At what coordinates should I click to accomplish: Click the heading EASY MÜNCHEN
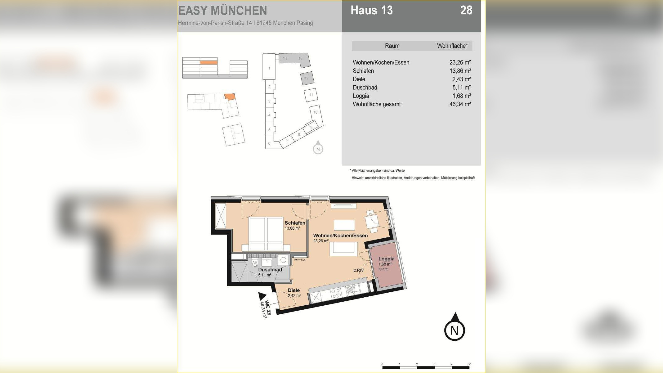coord(222,11)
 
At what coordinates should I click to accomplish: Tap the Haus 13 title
coord(371,10)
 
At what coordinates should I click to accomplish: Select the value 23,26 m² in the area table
coord(460,62)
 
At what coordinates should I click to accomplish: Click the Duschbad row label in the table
coord(365,88)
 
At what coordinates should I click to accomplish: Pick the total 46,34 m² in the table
coord(460,104)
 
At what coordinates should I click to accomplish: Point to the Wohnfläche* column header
coord(452,46)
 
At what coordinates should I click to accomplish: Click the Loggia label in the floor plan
coord(386,259)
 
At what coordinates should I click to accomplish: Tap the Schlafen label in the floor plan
coord(295,223)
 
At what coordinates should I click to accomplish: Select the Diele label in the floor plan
coord(293,290)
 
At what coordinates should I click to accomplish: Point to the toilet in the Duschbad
coord(255,264)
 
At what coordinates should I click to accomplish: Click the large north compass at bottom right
coord(455,330)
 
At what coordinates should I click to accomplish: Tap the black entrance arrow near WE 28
coord(262,296)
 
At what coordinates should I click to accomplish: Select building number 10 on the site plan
coord(315,112)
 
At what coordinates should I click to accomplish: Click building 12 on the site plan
coord(307,78)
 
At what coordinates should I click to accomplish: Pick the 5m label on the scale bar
coord(469,364)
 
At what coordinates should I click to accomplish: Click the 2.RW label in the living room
coord(358,270)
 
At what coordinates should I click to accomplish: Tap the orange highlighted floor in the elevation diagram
coord(208,62)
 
